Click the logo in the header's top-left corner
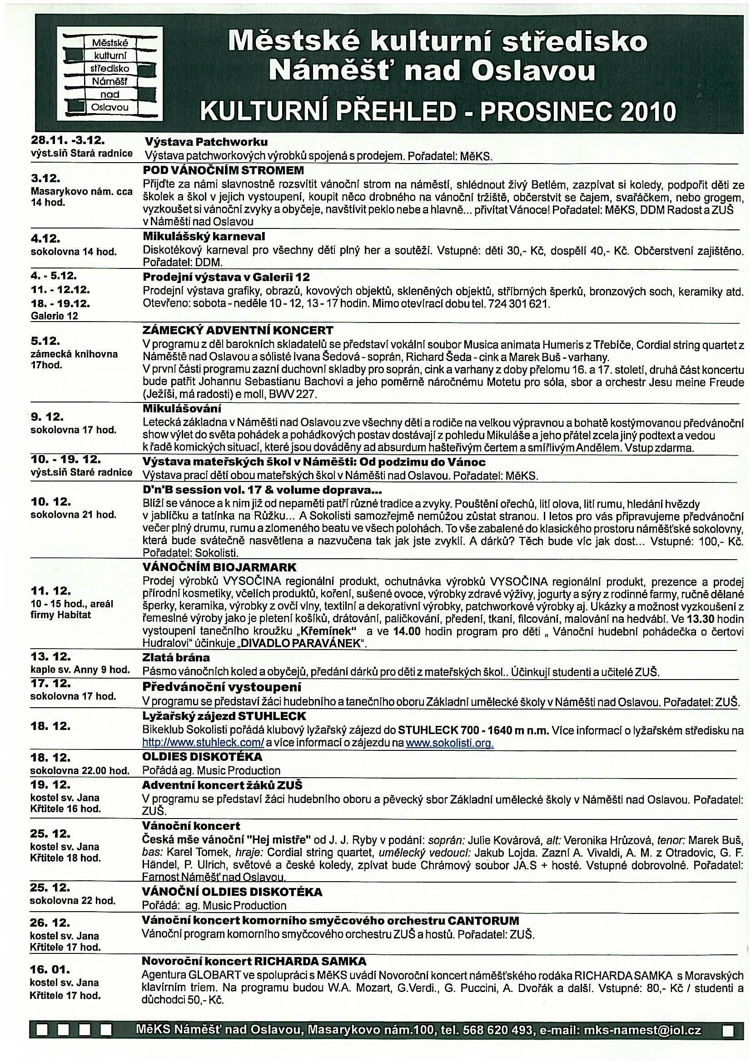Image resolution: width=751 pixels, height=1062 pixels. click(x=109, y=74)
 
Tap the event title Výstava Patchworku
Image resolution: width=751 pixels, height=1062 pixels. click(x=206, y=142)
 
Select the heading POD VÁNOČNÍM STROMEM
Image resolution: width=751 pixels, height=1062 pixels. click(x=223, y=170)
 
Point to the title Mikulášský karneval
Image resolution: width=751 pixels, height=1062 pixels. click(x=204, y=237)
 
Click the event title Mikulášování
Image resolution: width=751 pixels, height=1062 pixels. click(x=182, y=408)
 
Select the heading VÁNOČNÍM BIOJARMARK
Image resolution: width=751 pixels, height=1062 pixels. click(x=219, y=567)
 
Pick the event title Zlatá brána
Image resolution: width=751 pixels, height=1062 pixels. click(x=176, y=658)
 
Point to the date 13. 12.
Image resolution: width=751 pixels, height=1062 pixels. click(x=50, y=657)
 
